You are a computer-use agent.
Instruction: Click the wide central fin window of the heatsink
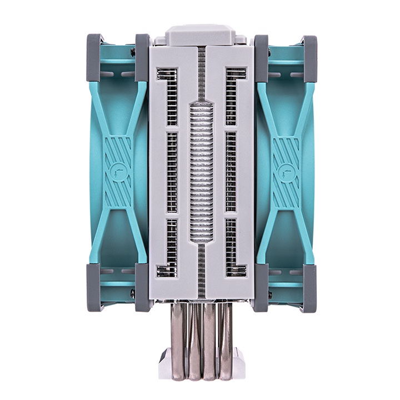tap(200, 172)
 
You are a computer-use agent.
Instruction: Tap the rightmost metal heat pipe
tap(225, 339)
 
